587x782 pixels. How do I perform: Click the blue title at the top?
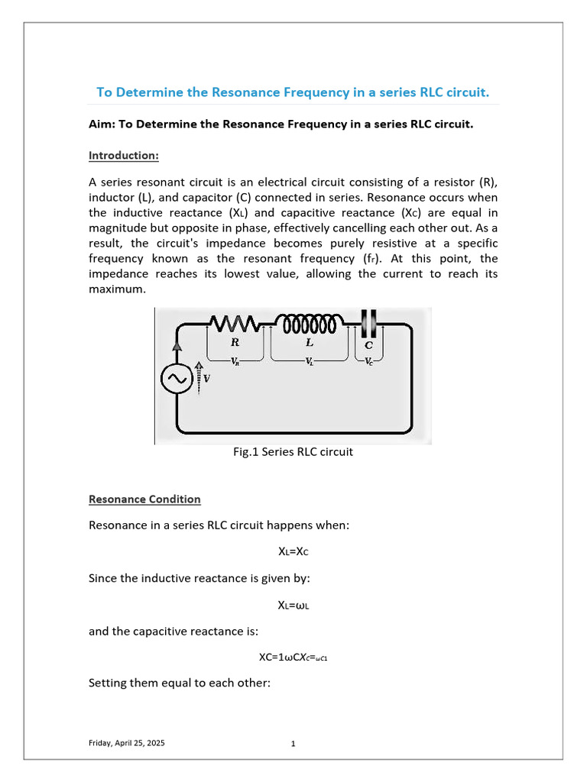click(293, 92)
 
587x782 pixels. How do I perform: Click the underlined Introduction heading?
click(124, 156)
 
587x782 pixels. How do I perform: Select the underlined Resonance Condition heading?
click(144, 499)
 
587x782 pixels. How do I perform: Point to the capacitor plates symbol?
click(368, 323)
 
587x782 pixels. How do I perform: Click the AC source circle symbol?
click(177, 380)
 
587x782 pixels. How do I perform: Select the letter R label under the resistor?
click(235, 344)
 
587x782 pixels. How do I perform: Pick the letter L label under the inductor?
click(310, 344)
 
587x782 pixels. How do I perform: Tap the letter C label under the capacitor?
click(368, 345)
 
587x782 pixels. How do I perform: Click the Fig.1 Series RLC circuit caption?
click(293, 452)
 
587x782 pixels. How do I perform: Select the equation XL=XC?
click(293, 551)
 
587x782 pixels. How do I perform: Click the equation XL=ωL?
click(293, 606)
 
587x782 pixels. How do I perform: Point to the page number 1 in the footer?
click(293, 744)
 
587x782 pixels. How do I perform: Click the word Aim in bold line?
click(100, 124)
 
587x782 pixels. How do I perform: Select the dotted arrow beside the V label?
click(198, 376)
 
